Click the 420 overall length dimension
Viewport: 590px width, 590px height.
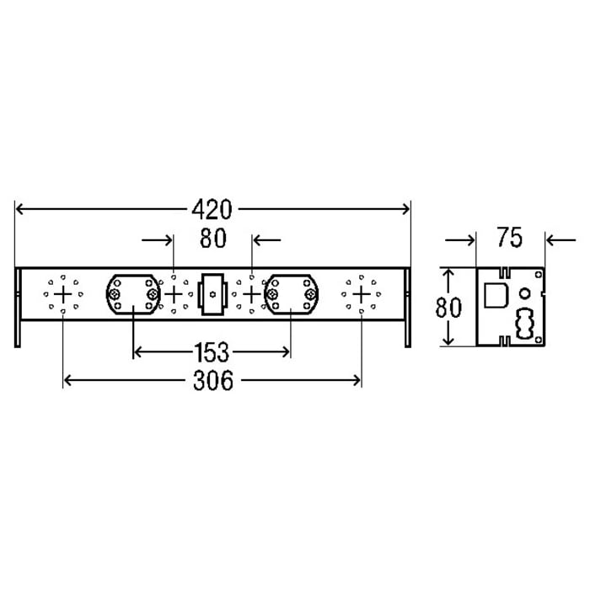click(212, 210)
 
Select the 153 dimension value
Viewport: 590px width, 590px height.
click(212, 352)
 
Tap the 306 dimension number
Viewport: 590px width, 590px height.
click(213, 380)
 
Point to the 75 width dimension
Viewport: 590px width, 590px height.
click(510, 238)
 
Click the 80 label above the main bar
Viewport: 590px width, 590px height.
click(213, 239)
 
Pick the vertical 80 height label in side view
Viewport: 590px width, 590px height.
click(448, 307)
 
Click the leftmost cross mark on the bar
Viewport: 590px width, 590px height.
click(63, 294)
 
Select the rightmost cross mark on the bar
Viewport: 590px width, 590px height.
click(362, 294)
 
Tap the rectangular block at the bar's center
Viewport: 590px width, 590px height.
click(212, 294)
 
